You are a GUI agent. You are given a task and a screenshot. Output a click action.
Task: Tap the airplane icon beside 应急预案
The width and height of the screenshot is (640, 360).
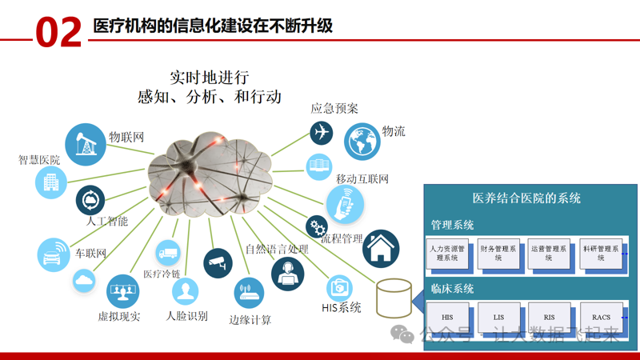pyautogui.click(x=322, y=132)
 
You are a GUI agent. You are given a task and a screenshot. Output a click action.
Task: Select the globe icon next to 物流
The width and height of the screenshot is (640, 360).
pyautogui.click(x=362, y=142)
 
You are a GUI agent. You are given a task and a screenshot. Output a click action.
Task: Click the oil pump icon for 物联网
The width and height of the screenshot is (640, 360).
pyautogui.click(x=85, y=143)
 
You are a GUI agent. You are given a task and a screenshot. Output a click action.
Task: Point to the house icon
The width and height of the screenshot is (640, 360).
pyautogui.click(x=381, y=249)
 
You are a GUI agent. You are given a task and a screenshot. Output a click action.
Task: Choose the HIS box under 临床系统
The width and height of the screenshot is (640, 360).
pyautogui.click(x=447, y=318)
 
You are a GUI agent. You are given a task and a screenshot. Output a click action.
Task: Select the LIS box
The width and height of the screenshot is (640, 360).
pyautogui.click(x=498, y=318)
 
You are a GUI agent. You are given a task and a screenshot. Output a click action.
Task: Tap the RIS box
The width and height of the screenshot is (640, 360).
pyautogui.click(x=550, y=318)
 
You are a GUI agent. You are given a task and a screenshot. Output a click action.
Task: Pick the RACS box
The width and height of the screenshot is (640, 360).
pyautogui.click(x=601, y=318)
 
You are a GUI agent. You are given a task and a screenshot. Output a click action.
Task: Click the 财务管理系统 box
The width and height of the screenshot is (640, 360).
pyautogui.click(x=498, y=254)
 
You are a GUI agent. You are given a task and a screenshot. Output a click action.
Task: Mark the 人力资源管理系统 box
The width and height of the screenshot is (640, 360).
pyautogui.click(x=447, y=254)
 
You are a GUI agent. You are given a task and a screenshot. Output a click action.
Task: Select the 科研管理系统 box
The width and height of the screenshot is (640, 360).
pyautogui.click(x=601, y=254)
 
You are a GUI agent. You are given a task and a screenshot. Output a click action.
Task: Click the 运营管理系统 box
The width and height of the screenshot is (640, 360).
pyautogui.click(x=550, y=254)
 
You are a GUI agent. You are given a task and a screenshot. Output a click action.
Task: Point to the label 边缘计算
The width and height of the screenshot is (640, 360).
pyautogui.click(x=250, y=320)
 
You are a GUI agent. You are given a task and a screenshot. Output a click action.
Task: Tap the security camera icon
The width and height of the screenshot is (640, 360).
pyautogui.click(x=218, y=262)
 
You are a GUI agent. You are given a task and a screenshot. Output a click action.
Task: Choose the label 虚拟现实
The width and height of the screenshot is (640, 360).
pyautogui.click(x=119, y=317)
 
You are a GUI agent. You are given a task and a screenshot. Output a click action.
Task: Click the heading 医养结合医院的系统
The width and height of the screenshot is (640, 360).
pyautogui.click(x=527, y=198)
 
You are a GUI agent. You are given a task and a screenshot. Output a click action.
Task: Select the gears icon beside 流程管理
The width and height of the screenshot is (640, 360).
pyautogui.click(x=317, y=226)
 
